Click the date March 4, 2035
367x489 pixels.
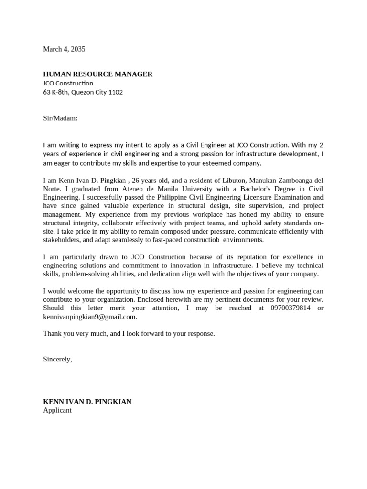[64, 49]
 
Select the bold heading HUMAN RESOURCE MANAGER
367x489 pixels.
[97, 74]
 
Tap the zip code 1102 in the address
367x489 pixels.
[116, 92]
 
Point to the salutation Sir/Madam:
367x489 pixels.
[60, 118]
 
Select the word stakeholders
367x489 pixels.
[62, 240]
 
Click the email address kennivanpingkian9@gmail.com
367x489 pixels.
[90, 317]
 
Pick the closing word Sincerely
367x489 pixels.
[57, 359]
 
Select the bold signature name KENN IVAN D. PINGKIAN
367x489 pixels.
[87, 402]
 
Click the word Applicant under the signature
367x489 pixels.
[57, 410]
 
